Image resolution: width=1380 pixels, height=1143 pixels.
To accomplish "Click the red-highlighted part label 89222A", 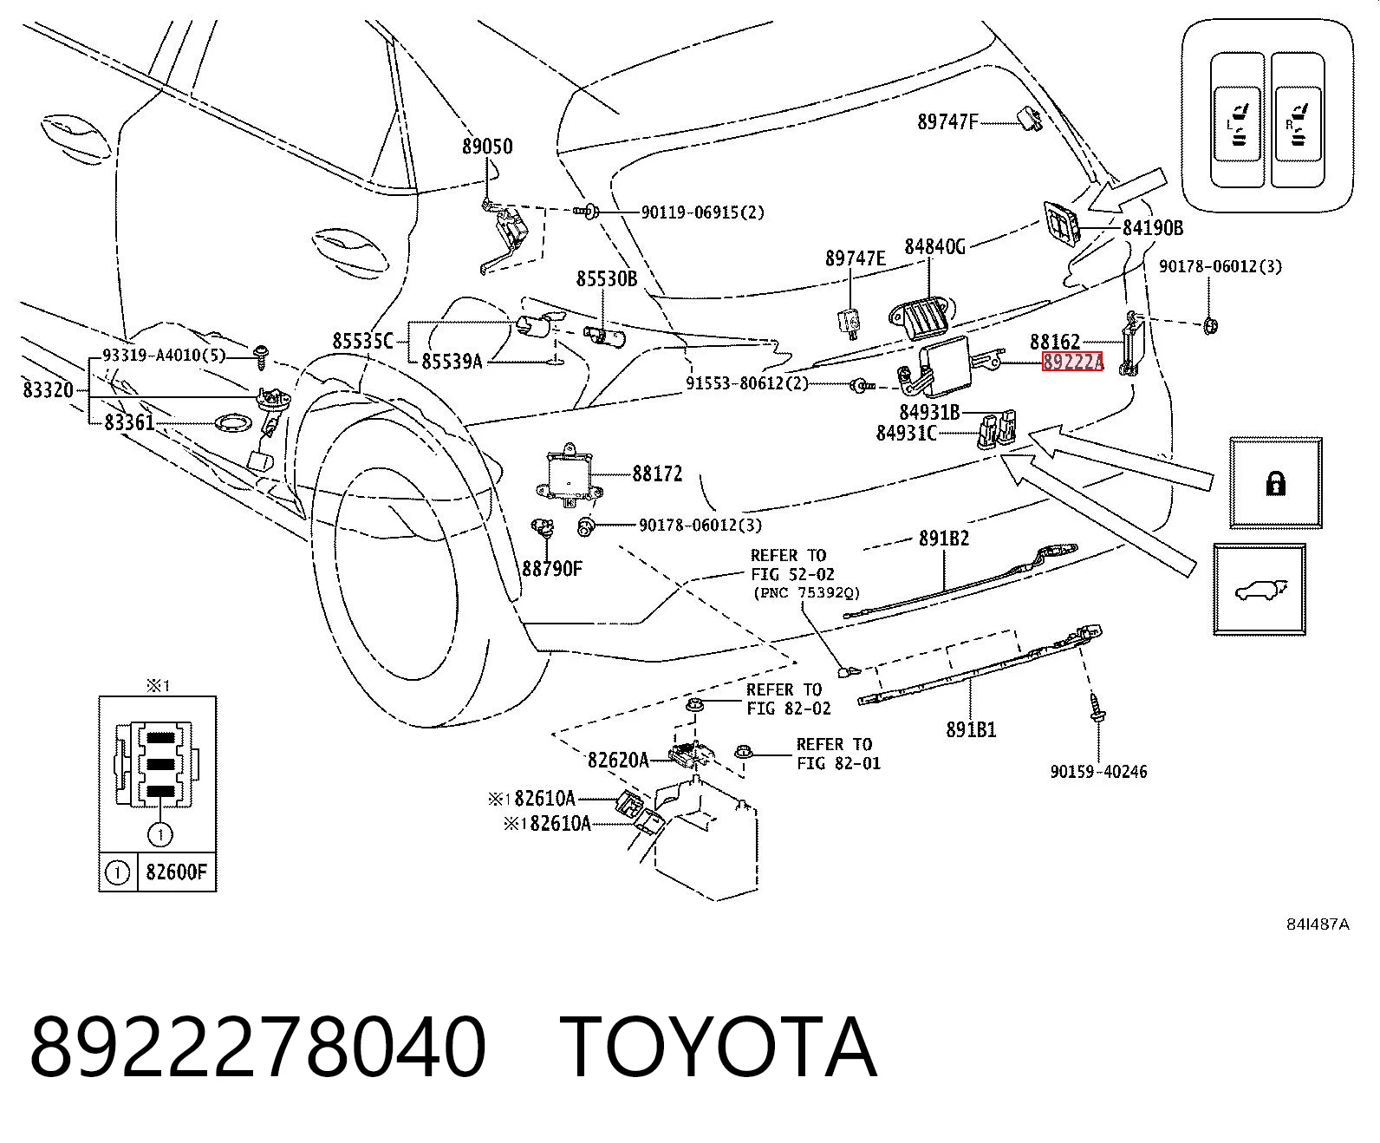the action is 1072,362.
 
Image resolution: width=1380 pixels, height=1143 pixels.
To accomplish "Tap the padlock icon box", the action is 1276,483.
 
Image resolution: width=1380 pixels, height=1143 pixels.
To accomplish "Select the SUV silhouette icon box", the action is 1259,590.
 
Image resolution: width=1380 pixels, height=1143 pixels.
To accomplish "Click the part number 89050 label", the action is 487,147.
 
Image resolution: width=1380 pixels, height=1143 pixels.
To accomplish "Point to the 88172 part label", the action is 657,474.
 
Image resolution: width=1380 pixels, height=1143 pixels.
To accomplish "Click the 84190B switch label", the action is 1153,228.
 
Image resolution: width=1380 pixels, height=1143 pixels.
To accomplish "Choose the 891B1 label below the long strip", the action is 971,729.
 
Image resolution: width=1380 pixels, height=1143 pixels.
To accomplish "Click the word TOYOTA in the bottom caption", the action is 719,1047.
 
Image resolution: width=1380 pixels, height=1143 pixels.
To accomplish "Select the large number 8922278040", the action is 257,1047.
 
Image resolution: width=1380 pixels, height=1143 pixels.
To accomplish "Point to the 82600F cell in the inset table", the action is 177,872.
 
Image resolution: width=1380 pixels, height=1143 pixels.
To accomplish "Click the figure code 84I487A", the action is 1318,924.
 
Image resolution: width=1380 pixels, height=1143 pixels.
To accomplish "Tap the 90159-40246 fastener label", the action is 1098,771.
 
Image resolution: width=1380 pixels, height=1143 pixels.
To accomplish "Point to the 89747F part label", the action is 947,122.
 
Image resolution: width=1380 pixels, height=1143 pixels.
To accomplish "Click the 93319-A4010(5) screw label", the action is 164,356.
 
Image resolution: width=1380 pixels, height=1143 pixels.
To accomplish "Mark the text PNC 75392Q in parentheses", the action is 807,592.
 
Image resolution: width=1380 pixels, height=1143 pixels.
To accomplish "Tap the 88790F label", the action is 552,569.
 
